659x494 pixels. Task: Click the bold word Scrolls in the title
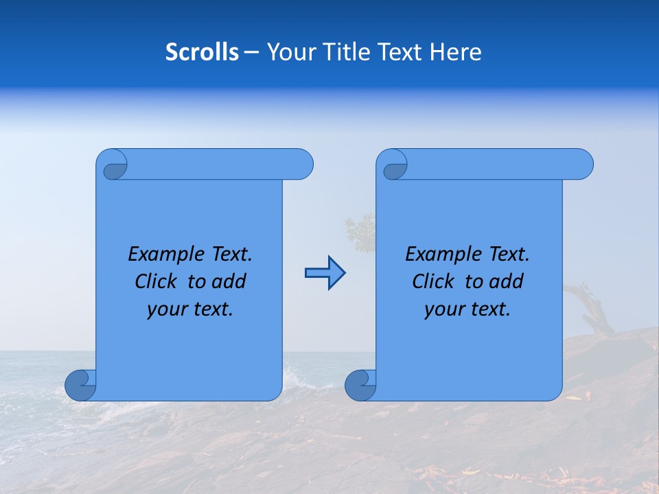pos(202,51)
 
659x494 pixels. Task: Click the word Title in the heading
pos(345,51)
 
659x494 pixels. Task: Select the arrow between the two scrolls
pos(325,273)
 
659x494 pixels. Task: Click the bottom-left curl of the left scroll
pos(81,385)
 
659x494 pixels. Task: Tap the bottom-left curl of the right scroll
pos(360,385)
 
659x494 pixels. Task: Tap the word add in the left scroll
pos(229,281)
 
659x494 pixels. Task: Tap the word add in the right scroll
pos(507,281)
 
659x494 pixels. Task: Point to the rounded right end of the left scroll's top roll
pos(302,164)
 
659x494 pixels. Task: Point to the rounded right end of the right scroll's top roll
pos(582,164)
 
